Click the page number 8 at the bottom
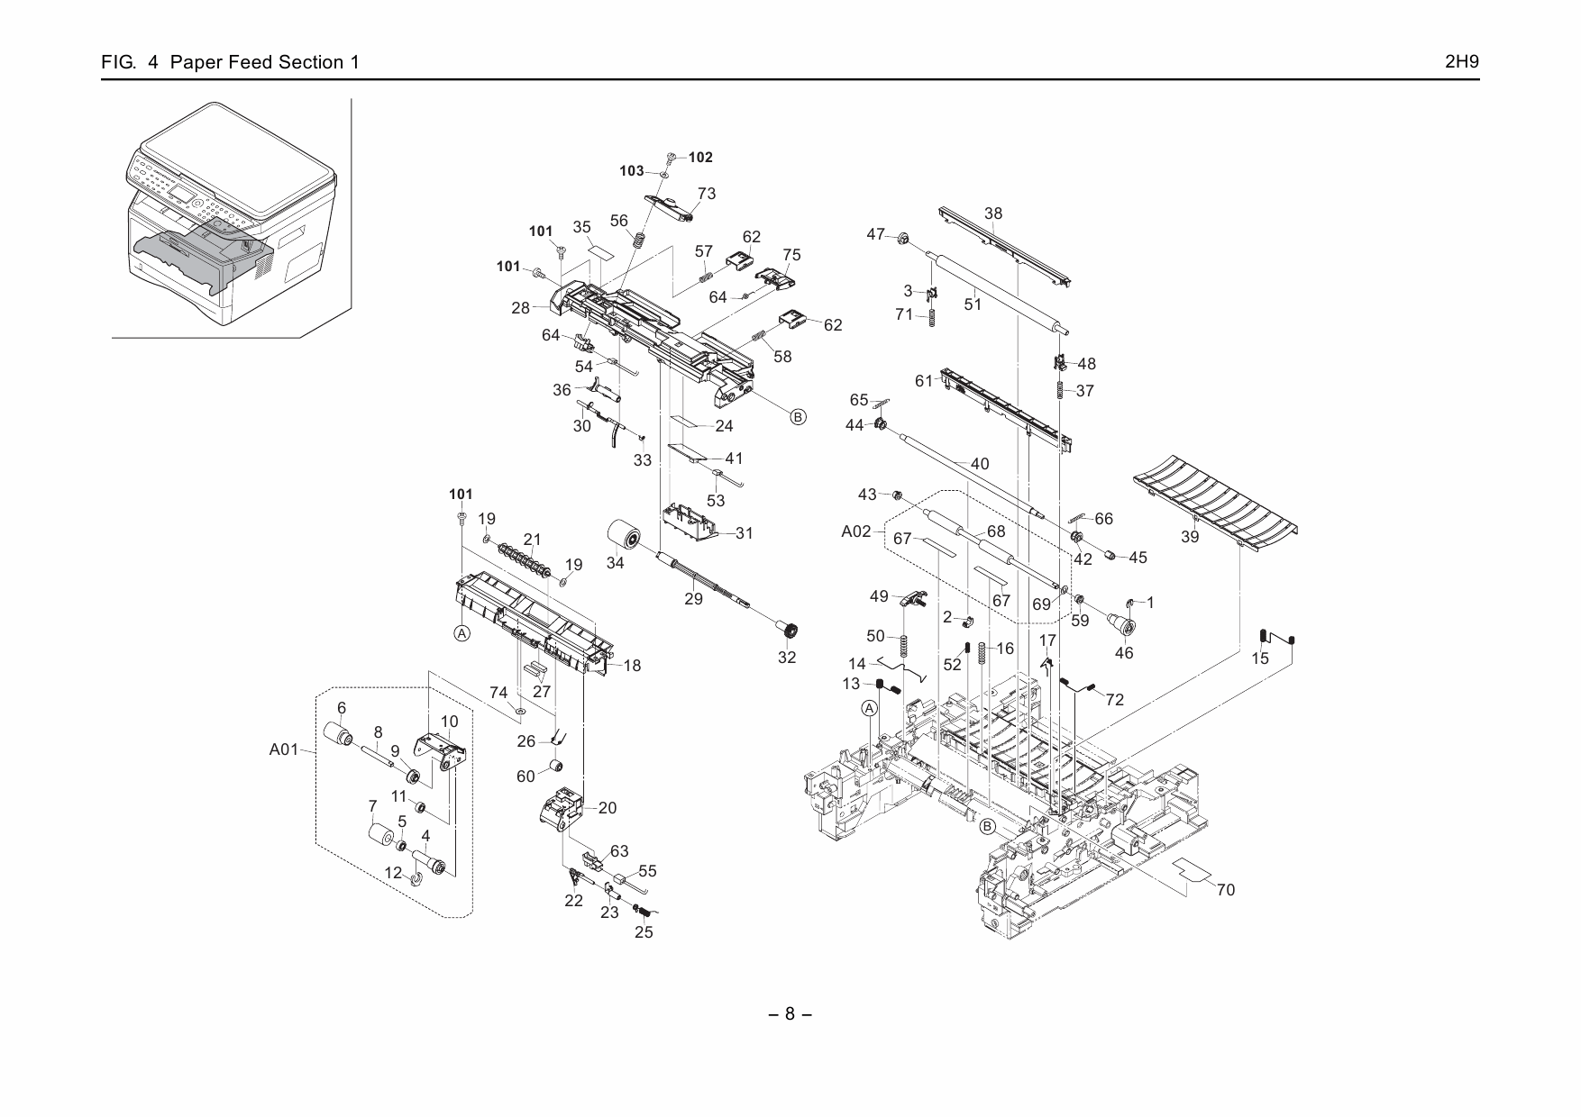[x=790, y=1013]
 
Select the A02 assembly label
[x=855, y=531]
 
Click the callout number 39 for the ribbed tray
[x=1190, y=538]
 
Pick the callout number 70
[x=1225, y=890]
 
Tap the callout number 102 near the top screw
[x=700, y=158]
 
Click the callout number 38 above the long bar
[x=992, y=213]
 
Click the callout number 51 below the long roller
[x=972, y=304]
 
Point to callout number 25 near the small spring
[x=643, y=932]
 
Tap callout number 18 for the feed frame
[x=632, y=666]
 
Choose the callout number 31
[x=744, y=533]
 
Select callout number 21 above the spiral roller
[x=532, y=540]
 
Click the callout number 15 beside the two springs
[x=1260, y=658]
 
